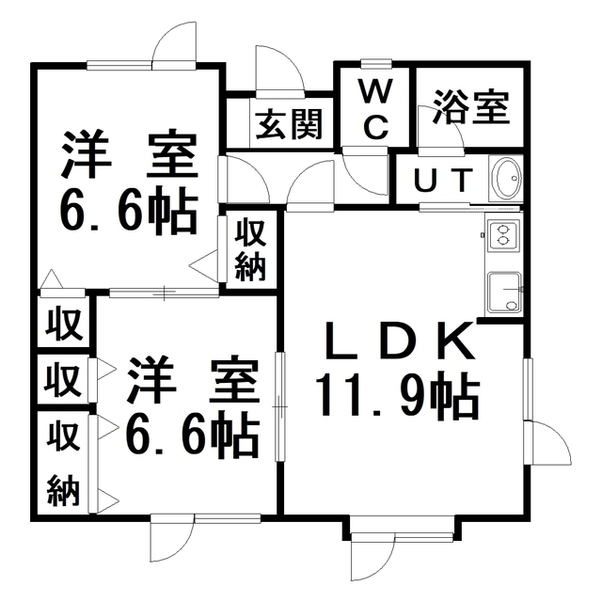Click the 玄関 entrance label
pos(289,123)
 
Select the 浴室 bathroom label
pos(471,106)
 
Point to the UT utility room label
pos(443,180)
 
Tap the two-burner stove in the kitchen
pos(503,234)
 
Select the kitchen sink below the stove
pos(504,292)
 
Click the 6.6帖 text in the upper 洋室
pos(128,211)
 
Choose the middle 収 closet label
pos(63,379)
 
